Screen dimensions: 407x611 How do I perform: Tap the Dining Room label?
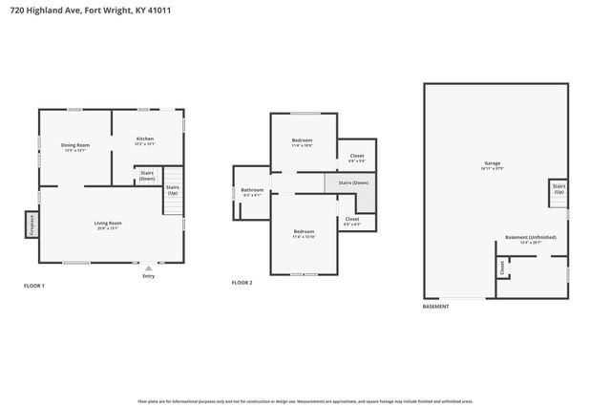75,145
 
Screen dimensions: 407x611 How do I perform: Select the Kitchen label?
143,139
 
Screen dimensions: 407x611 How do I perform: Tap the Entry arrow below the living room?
148,268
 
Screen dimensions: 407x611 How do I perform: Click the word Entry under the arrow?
148,276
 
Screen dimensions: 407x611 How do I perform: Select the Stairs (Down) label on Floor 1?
147,176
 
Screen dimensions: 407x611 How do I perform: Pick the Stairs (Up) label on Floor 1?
173,190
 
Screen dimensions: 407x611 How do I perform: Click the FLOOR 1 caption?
33,286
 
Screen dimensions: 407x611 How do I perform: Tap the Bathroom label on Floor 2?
252,190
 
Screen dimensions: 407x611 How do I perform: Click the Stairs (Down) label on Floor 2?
353,182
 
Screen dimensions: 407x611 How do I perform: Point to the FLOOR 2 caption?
242,283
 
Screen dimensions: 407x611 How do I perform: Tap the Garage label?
492,163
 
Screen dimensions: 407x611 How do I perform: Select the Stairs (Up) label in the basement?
558,190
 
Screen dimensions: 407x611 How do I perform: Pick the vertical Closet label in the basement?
502,269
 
